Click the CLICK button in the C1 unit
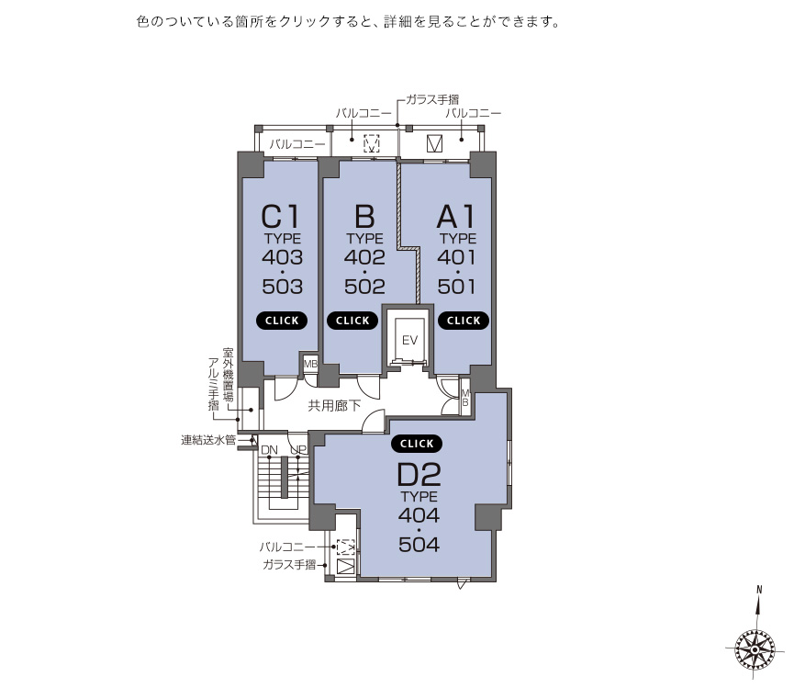coord(282,321)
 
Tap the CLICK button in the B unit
coord(352,321)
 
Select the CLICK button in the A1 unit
coord(464,321)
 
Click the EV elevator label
coord(409,340)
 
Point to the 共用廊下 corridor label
coord(334,406)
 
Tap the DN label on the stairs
coord(269,450)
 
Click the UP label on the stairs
coord(298,450)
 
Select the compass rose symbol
coord(755,649)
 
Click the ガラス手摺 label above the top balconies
coord(432,100)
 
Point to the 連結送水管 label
coord(208,440)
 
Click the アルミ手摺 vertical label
coord(214,384)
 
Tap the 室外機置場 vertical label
coord(228,375)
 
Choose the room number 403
coord(283,257)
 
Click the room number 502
coord(364,287)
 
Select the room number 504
coord(419,545)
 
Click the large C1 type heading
coord(281,217)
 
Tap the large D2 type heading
coord(419,475)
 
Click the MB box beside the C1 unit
coord(310,364)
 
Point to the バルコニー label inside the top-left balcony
coord(297,144)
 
